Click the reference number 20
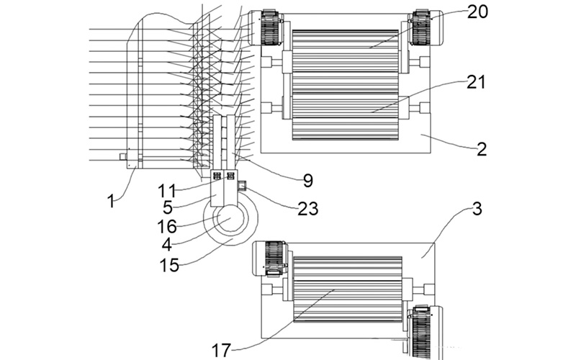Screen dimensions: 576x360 pos(477,12)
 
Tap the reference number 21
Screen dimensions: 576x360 pos(476,82)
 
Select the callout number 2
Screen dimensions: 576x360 pos(482,149)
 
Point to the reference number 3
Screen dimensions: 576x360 pos(477,209)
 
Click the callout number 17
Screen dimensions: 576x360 pos(221,350)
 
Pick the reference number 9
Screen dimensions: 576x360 pos(308,181)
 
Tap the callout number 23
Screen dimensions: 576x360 pos(308,209)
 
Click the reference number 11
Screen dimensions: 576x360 pos(167,191)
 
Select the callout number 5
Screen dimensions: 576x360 pos(168,207)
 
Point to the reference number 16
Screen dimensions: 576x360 pos(167,226)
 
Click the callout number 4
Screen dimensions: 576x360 pos(167,244)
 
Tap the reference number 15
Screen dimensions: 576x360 pos(169,265)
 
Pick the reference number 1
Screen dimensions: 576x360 pos(111,202)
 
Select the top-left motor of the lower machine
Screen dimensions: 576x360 pos(269,258)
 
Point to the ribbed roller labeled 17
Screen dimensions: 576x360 pos(348,289)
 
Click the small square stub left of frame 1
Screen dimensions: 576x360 pos(123,157)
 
